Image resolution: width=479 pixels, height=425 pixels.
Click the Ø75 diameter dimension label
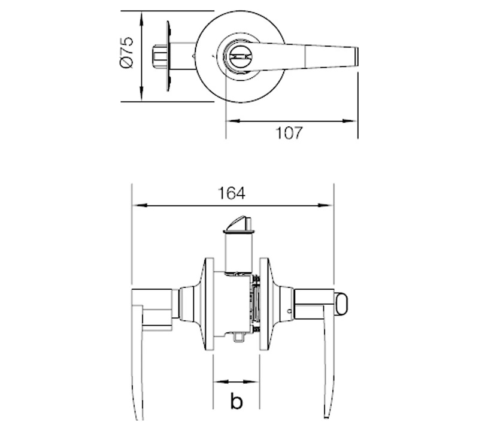click(127, 53)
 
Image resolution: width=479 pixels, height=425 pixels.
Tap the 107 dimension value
click(289, 133)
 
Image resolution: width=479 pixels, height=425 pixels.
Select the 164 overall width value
click(232, 193)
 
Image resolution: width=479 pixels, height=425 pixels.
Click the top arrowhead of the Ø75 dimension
click(141, 19)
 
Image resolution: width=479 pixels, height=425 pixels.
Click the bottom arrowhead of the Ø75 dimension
click(141, 93)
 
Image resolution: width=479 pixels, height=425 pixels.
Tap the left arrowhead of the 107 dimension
click(233, 121)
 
